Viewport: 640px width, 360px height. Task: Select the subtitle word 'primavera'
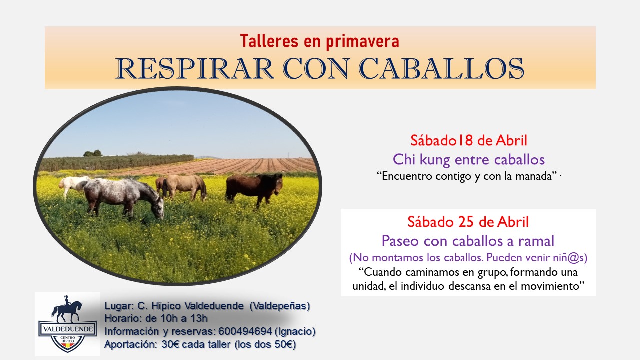(362, 41)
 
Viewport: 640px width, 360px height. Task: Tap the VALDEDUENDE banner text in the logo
(67, 330)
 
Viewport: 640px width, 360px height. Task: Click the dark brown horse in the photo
(253, 187)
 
